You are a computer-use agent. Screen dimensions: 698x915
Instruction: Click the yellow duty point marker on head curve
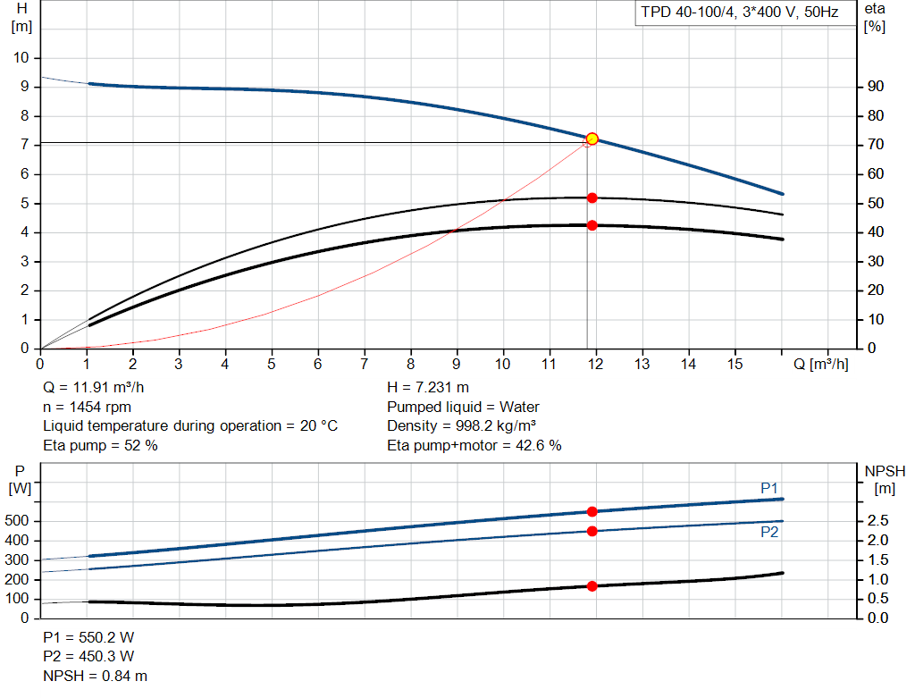(592, 139)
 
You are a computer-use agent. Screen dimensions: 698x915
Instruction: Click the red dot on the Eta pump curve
(592, 198)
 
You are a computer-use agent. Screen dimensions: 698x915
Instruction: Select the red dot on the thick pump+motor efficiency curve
(592, 225)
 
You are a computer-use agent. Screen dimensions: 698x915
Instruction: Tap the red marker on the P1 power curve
(592, 511)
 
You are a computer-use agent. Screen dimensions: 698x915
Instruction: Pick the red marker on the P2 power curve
(592, 531)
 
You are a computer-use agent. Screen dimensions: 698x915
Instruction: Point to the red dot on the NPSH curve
(592, 586)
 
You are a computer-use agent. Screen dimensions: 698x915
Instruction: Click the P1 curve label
(768, 487)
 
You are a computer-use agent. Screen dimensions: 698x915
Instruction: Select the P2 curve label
(768, 532)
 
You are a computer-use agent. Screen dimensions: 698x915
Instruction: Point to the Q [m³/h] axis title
(819, 365)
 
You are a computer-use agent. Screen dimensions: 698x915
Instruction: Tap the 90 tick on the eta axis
(875, 87)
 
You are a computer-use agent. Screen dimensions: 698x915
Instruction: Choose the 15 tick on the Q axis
(735, 365)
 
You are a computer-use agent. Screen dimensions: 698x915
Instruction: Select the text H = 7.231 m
(428, 388)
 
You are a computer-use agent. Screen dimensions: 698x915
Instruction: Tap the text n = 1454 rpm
(88, 407)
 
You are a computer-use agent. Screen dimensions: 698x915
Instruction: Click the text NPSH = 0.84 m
(96, 676)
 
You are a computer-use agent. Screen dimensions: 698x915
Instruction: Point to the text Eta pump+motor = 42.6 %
(474, 445)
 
